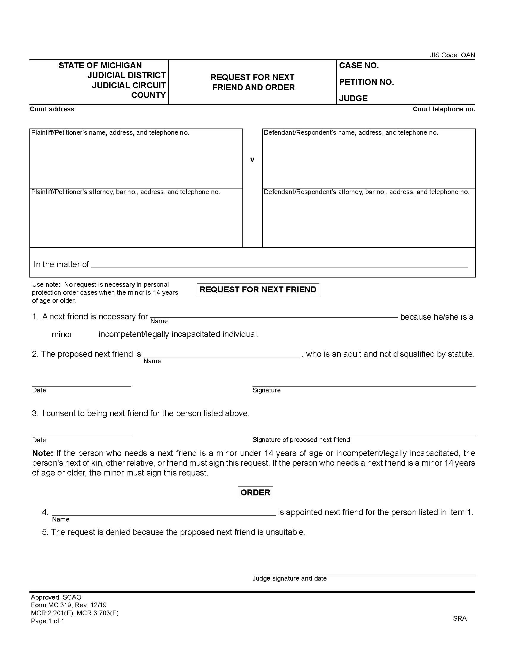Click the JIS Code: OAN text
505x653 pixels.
[x=452, y=55]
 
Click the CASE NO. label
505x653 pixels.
[x=359, y=66]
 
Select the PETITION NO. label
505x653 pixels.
[x=366, y=82]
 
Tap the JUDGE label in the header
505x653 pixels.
[x=353, y=98]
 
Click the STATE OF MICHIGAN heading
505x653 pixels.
[x=100, y=66]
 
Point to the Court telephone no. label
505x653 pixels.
[x=444, y=109]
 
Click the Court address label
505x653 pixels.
[x=52, y=109]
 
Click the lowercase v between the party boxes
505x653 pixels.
[x=252, y=160]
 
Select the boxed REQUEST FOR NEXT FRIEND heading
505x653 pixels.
[x=258, y=289]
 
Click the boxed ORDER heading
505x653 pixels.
[x=255, y=492]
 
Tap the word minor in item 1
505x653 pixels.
[x=62, y=334]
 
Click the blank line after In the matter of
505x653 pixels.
[x=279, y=265]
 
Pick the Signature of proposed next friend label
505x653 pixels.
[x=301, y=440]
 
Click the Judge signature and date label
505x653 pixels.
[x=289, y=578]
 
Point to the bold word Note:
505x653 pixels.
[x=42, y=453]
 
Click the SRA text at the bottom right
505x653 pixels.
[x=460, y=618]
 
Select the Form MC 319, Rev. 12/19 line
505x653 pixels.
[x=69, y=605]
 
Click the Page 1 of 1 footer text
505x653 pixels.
[x=48, y=621]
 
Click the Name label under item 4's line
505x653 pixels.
[x=61, y=519]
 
